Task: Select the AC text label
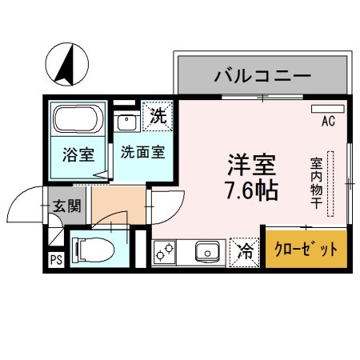click(328, 122)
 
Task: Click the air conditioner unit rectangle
click(326, 107)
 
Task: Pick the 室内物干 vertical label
click(317, 185)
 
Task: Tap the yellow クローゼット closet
click(307, 250)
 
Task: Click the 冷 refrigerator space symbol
click(243, 252)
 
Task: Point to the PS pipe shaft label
click(55, 260)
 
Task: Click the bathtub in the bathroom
click(76, 121)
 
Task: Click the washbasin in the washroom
click(126, 122)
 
